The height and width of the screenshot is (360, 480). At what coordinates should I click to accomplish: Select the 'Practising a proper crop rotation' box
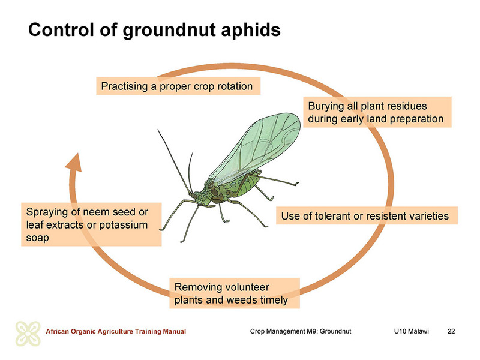pos(178,86)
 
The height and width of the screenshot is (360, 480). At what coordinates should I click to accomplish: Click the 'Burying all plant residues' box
pos(377,112)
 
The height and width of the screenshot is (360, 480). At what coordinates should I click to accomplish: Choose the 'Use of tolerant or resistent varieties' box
pos(367,215)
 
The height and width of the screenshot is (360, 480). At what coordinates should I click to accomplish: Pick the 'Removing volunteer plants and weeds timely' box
pos(235,293)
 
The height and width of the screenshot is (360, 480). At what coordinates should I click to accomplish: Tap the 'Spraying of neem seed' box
pos(91,224)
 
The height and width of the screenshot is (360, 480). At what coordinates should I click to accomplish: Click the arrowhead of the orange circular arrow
pos(74,162)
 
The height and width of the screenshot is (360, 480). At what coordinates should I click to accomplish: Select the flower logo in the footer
pos(28,334)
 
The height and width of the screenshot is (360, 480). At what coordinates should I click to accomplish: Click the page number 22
pos(451,331)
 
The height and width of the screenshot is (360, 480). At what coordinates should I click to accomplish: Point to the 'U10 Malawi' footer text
pos(411,331)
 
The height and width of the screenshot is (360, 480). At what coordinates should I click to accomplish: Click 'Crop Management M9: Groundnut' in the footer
pos(301,331)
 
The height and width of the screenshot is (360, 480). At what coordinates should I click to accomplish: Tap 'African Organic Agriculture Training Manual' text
pos(116,331)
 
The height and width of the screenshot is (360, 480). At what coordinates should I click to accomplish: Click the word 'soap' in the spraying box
pos(37,238)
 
